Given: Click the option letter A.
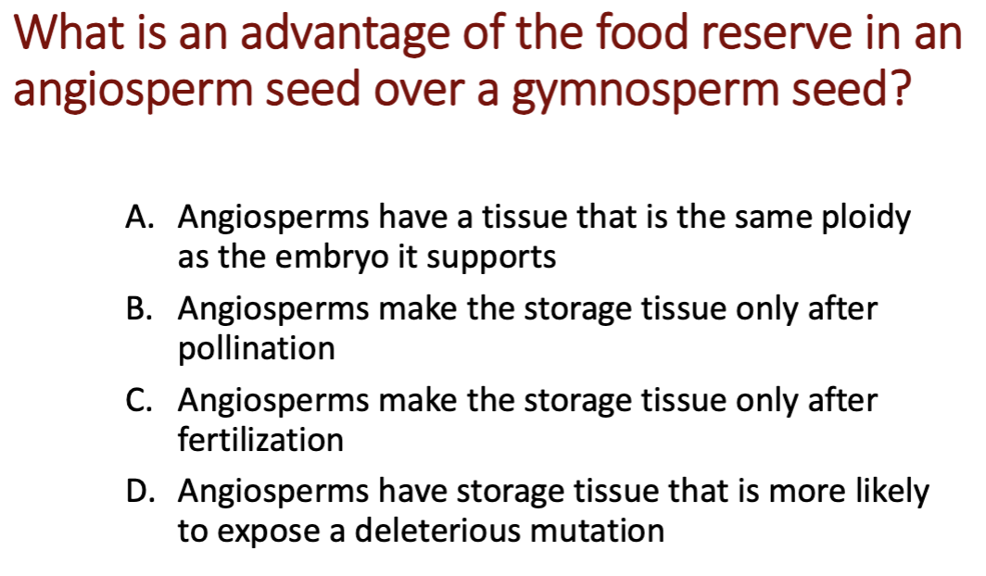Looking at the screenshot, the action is (x=140, y=218).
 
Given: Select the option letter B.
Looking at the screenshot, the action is (x=139, y=309).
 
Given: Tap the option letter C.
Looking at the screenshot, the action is (x=138, y=400).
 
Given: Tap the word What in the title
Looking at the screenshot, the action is (x=69, y=32).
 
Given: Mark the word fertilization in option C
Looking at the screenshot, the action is (x=260, y=439).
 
